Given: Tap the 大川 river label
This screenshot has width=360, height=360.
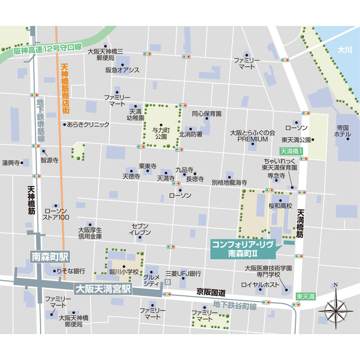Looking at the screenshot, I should (344, 50).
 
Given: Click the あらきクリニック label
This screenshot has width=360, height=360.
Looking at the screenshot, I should (88, 124).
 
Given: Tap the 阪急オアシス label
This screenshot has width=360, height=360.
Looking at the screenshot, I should (122, 70).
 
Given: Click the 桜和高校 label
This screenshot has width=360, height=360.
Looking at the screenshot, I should (281, 206).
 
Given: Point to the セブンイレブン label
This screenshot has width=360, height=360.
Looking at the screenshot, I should (140, 228).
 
